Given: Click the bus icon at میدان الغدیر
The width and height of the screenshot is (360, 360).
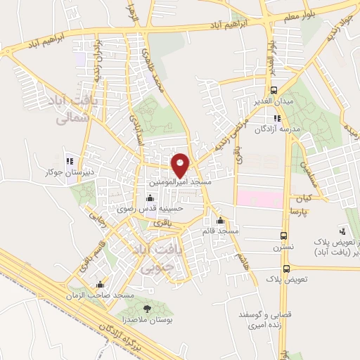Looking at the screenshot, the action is [275, 89].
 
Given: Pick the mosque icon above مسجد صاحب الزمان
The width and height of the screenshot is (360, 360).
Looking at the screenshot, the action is [100, 285].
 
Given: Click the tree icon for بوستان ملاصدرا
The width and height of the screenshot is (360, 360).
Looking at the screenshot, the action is [146, 309].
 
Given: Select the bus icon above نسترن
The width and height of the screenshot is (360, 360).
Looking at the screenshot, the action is [283, 236].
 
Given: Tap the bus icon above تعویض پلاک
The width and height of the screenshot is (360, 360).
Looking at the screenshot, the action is [286, 269].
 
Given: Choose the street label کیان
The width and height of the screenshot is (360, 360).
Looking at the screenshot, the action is [314, 198].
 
